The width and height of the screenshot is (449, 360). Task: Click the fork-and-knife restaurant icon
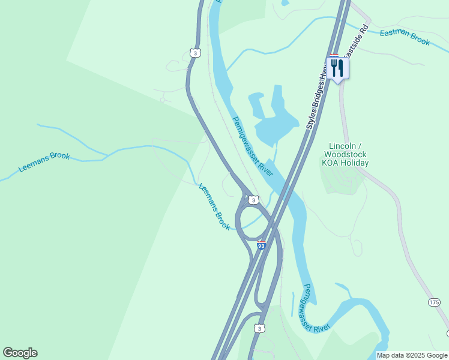[337, 67]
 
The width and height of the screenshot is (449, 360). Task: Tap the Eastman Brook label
[405, 37]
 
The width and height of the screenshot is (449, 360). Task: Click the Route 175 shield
[434, 302]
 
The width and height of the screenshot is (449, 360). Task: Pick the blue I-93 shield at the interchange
[261, 245]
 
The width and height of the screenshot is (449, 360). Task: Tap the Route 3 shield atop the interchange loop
[254, 200]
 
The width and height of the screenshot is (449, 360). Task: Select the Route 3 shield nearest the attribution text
[259, 328]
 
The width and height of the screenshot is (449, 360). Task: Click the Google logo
[20, 353]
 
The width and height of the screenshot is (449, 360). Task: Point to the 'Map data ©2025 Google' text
[412, 355]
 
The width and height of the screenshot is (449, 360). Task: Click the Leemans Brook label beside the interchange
[214, 206]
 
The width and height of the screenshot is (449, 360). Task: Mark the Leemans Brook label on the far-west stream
[44, 162]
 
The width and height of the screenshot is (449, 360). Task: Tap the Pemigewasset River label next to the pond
[253, 146]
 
